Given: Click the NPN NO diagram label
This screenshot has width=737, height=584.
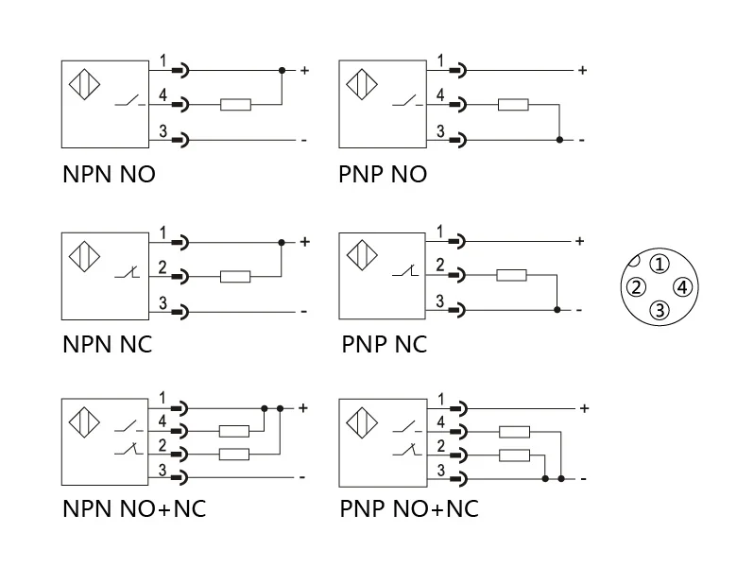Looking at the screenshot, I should (x=109, y=175).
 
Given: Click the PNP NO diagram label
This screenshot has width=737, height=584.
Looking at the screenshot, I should (x=383, y=175).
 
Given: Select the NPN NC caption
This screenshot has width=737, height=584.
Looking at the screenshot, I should (x=107, y=344).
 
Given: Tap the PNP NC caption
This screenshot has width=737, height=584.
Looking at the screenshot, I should (x=384, y=344).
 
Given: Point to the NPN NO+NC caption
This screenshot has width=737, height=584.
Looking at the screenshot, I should (x=134, y=508).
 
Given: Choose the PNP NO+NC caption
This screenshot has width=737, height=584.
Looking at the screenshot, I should (x=409, y=508).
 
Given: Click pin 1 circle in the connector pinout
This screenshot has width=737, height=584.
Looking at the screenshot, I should (x=660, y=264).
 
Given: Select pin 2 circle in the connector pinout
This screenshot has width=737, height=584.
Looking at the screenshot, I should (x=637, y=287).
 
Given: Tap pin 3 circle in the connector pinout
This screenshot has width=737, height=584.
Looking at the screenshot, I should (x=660, y=310).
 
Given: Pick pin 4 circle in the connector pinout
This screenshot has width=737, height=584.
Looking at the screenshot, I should (x=683, y=287).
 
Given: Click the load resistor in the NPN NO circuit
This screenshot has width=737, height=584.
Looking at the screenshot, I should (x=235, y=105).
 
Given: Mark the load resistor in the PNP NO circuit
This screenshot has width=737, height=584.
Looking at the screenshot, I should (x=513, y=105).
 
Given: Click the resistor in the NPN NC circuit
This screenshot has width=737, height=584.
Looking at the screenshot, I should (x=235, y=277).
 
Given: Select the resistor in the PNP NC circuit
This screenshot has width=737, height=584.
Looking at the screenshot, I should (x=512, y=275).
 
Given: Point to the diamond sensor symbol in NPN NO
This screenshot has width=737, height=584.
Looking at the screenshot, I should (x=86, y=84).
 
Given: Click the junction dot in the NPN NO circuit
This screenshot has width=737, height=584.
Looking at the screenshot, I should (x=282, y=71).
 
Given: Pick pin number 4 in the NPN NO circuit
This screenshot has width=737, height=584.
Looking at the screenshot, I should (x=163, y=96).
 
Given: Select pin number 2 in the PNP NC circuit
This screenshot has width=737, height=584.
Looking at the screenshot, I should (x=440, y=266).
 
